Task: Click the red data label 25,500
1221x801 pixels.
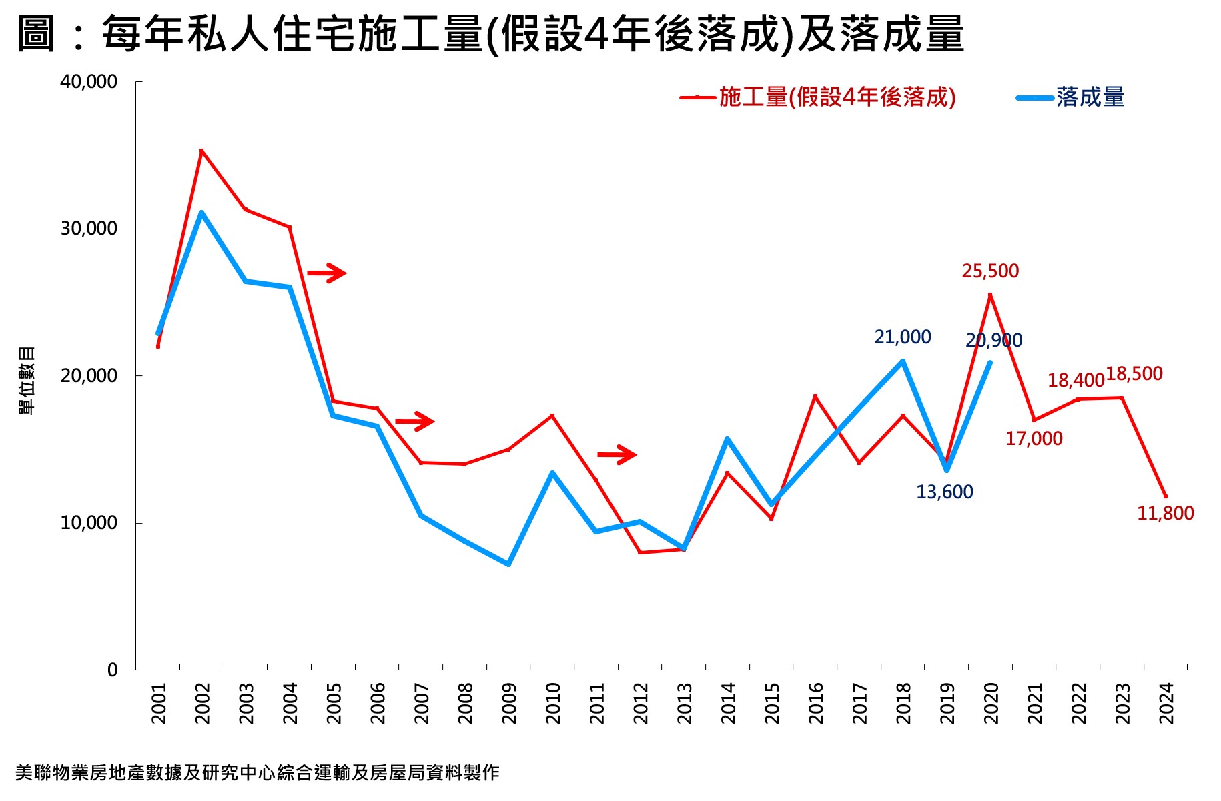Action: pyautogui.click(x=990, y=271)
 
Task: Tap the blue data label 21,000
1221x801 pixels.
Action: pyautogui.click(x=902, y=337)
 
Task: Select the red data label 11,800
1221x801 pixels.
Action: pyautogui.click(x=1165, y=513)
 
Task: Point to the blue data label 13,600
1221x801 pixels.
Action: pyautogui.click(x=944, y=492)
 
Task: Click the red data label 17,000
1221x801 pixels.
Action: pyautogui.click(x=1034, y=439)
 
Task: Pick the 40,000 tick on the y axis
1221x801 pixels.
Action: pyautogui.click(x=89, y=82)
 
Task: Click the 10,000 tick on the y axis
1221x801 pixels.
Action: pyautogui.click(x=89, y=523)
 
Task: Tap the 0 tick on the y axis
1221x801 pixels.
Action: pyautogui.click(x=112, y=670)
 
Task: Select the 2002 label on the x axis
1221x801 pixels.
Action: pyautogui.click(x=202, y=703)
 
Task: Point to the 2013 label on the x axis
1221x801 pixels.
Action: pyautogui.click(x=684, y=703)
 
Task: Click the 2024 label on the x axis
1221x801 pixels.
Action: pyautogui.click(x=1166, y=703)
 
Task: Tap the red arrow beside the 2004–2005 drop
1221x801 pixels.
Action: pyautogui.click(x=326, y=273)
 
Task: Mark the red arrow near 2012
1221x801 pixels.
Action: pyautogui.click(x=617, y=455)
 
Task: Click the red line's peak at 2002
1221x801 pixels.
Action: pyautogui.click(x=201, y=151)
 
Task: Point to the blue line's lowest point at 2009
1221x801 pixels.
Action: pyautogui.click(x=508, y=564)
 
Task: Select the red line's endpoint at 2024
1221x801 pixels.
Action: pyautogui.click(x=1165, y=496)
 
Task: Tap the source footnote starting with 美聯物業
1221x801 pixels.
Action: pyautogui.click(x=257, y=773)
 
